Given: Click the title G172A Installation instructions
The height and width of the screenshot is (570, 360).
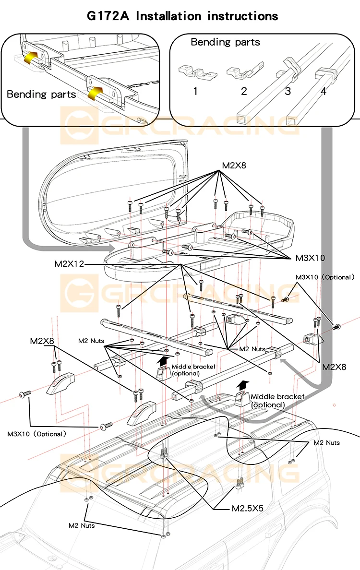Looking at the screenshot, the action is point(182,16).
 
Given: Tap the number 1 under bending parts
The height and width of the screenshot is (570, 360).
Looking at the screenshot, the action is point(195,91).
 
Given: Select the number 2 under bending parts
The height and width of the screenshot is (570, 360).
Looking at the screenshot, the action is point(244,91).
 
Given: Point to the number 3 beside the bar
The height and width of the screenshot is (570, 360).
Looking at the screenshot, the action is point(288,91).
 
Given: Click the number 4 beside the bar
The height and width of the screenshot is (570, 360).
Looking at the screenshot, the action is point(323,91).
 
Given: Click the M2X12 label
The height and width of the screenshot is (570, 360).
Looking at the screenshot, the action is point(69,264).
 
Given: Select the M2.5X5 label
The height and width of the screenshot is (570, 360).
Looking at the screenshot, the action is point(248,508).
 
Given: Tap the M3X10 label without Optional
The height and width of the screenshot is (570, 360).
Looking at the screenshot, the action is point(310,258).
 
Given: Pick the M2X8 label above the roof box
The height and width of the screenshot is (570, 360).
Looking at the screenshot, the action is point(234,166).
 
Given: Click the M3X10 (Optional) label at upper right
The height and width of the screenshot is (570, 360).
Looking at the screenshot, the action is point(325,277).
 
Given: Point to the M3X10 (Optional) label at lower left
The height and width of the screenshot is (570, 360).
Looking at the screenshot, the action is point(37,434).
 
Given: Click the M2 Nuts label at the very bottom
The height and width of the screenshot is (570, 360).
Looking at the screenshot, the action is point(82,526).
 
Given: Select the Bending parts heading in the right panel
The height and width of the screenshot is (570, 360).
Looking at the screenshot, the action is point(226,43).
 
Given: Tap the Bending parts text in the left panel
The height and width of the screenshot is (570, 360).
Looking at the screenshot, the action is point(41,95).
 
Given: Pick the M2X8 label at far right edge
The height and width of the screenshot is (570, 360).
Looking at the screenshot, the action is point(334,367).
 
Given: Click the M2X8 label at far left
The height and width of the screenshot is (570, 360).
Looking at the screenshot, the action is point(42,341).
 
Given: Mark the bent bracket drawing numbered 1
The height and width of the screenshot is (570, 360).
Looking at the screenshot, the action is point(197,71).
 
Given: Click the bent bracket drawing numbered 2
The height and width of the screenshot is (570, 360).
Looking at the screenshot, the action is point(245,71).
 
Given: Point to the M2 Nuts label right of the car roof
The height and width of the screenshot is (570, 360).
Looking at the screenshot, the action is point(326,443).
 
